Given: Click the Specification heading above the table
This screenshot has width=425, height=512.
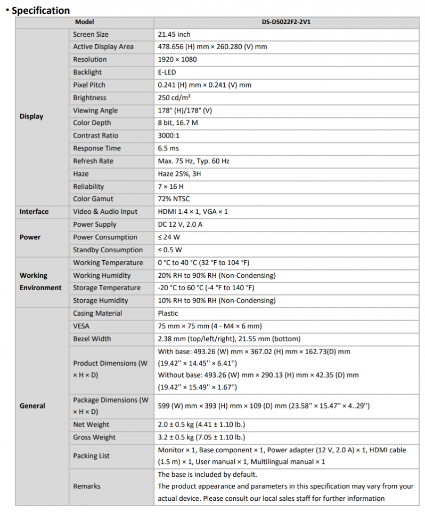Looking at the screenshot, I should pyautogui.click(x=40, y=10).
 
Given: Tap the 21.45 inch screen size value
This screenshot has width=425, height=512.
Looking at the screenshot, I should pyautogui.click(x=174, y=34).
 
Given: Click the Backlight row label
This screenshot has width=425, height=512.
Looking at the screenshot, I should pyautogui.click(x=87, y=72).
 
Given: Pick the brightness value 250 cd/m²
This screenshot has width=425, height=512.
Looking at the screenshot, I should pyautogui.click(x=175, y=98).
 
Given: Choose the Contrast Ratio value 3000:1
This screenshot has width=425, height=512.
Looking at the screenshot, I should pyautogui.click(x=169, y=135).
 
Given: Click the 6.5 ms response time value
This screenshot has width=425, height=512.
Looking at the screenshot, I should pyautogui.click(x=168, y=148).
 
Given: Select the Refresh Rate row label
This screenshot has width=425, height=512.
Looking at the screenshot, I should pyautogui.click(x=93, y=161).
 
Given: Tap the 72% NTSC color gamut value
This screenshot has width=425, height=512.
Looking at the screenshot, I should pyautogui.click(x=174, y=199).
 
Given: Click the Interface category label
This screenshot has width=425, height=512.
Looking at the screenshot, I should pyautogui.click(x=34, y=212).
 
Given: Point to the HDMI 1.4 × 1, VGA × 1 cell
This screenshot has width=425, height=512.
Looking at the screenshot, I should pyautogui.click(x=193, y=212).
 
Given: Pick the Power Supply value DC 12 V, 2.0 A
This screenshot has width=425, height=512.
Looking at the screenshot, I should pyautogui.click(x=180, y=225).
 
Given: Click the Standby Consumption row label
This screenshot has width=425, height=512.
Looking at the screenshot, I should pyautogui.click(x=108, y=250).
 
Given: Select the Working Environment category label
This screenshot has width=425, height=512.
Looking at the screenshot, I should pyautogui.click(x=40, y=282).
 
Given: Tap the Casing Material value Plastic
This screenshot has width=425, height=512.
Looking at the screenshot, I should pyautogui.click(x=168, y=314).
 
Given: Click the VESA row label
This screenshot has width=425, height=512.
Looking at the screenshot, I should pyautogui.click(x=81, y=326).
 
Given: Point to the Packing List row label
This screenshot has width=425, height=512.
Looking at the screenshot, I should pyautogui.click(x=92, y=456).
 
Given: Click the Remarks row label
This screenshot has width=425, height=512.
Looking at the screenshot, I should pyautogui.click(x=87, y=486).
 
